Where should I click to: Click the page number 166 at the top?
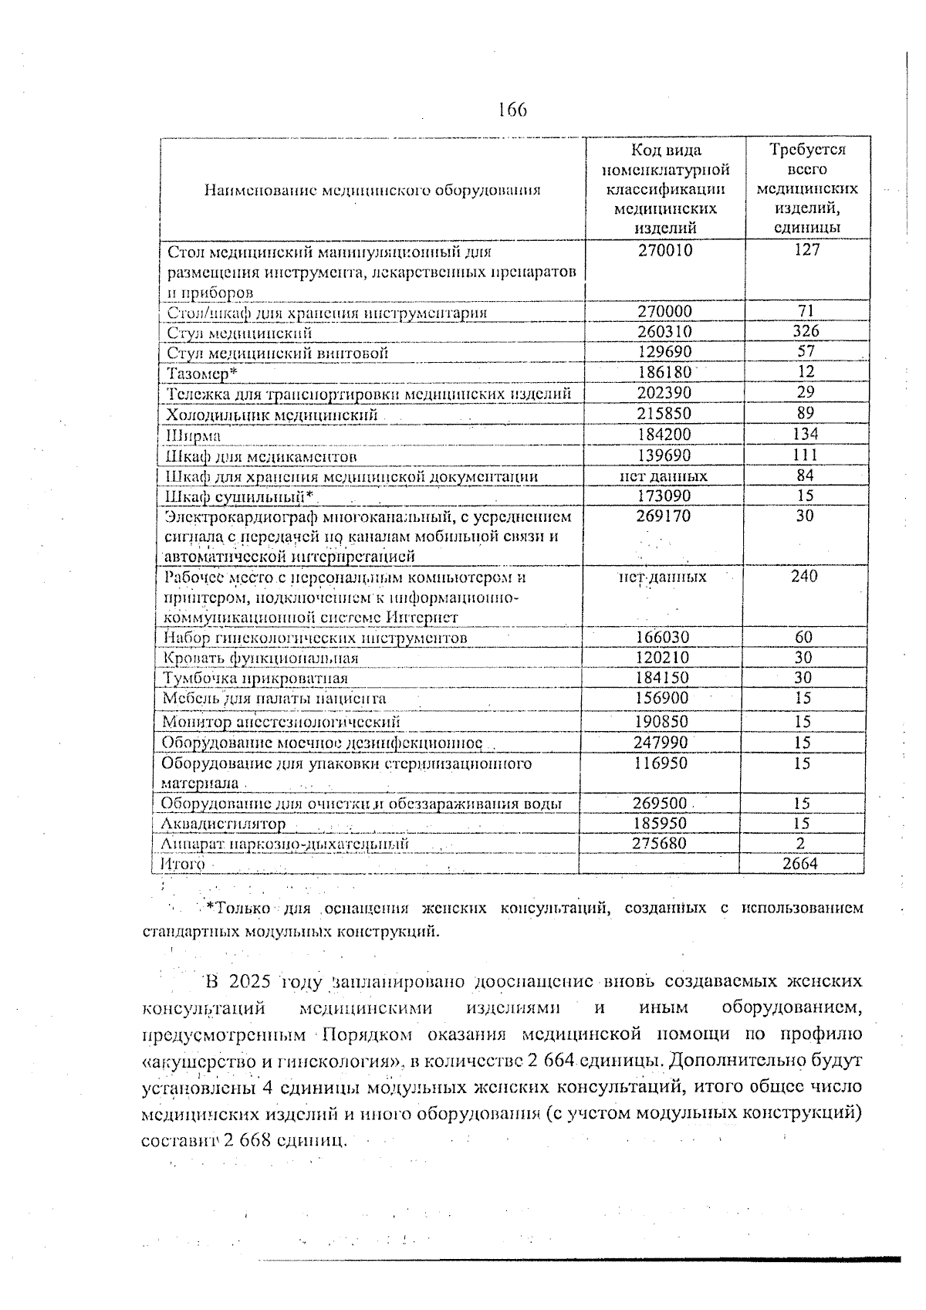512,110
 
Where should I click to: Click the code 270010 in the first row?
664,250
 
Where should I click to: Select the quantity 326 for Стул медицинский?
806,331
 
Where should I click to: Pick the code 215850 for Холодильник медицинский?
664,414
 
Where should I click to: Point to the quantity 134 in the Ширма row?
806,434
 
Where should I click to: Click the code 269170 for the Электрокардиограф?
664,516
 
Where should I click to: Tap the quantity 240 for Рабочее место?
804,576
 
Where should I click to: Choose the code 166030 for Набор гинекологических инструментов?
663,638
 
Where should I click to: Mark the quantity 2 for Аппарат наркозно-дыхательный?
801,844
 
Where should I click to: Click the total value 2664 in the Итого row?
800,864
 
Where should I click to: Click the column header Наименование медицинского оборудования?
372,190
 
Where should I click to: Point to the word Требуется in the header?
807,150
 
